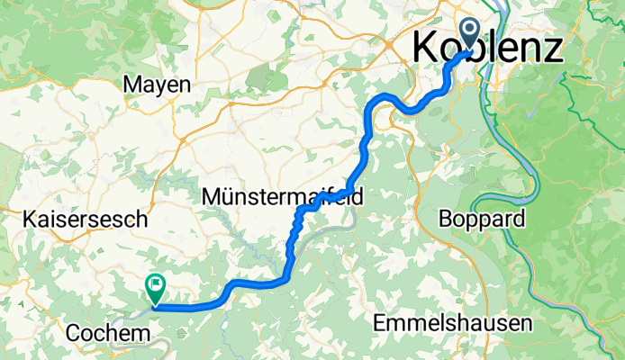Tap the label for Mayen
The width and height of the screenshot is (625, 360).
(157, 85)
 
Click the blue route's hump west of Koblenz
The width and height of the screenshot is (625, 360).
(387, 96)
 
